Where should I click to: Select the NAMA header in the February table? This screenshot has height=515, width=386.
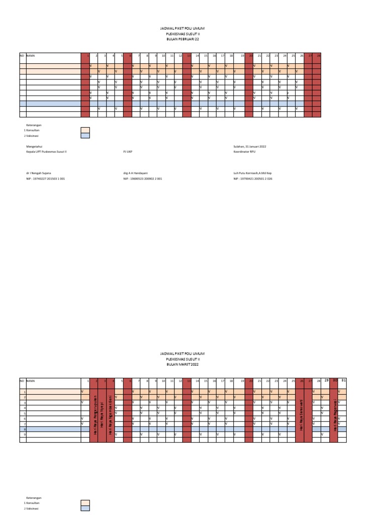[31, 55]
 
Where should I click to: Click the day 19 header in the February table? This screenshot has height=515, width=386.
[242, 55]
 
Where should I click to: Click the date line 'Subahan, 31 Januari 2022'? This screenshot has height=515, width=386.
[250, 146]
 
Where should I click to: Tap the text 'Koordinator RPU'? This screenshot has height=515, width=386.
[244, 151]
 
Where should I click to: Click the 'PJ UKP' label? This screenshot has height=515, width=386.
[128, 151]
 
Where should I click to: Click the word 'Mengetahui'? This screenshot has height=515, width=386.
[35, 146]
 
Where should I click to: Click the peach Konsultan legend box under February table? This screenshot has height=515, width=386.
[85, 130]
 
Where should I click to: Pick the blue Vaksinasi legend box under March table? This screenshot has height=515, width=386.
[85, 508]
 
